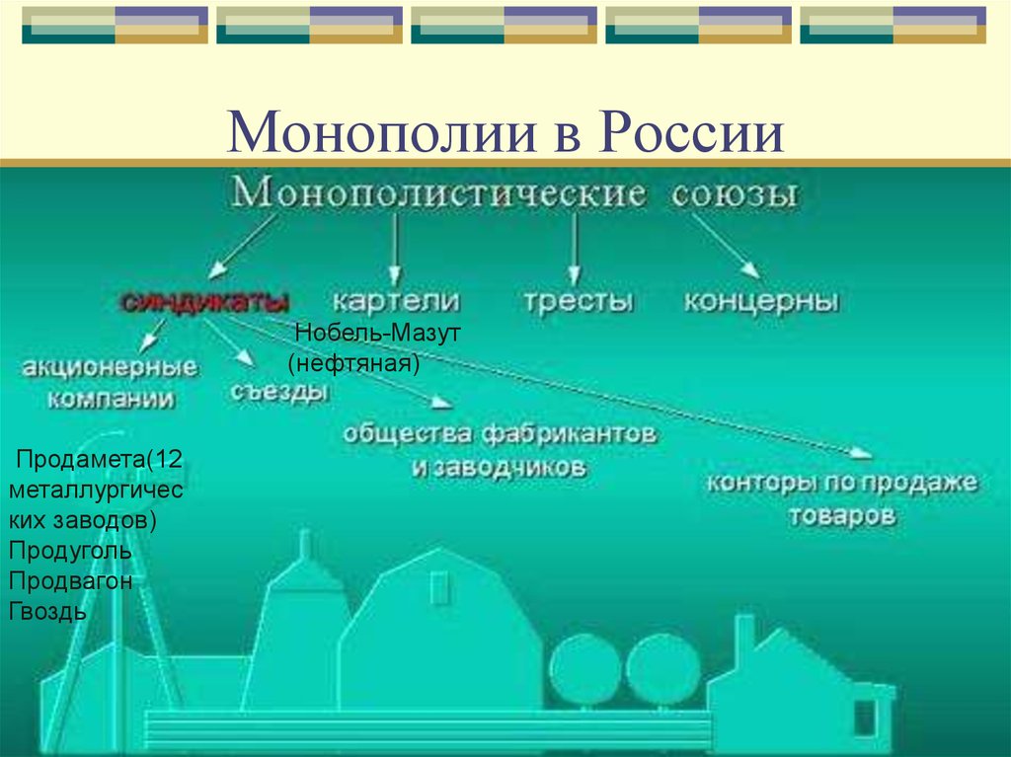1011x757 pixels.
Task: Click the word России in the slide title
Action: tap(690, 132)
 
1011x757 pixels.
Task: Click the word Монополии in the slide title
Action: tap(382, 132)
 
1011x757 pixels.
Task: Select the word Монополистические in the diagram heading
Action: tap(438, 192)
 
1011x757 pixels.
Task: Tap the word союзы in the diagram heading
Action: tap(735, 194)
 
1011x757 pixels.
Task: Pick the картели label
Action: tap(397, 301)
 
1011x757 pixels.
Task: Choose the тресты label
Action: tap(578, 302)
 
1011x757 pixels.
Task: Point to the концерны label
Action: tap(761, 301)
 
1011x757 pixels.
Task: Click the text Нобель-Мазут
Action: tap(378, 333)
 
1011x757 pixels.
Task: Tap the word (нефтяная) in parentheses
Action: tap(354, 363)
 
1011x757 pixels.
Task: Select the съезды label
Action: tap(279, 392)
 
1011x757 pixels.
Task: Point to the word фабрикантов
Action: tap(568, 434)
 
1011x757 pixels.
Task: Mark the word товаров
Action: tap(843, 515)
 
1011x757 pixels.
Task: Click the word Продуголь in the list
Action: tap(70, 551)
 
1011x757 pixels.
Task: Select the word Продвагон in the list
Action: tap(71, 581)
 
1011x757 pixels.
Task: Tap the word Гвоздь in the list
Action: tap(47, 611)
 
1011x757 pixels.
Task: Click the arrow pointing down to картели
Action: tap(396, 250)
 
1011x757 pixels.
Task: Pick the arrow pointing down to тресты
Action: tap(575, 250)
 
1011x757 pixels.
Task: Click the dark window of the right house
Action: tap(865, 719)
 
